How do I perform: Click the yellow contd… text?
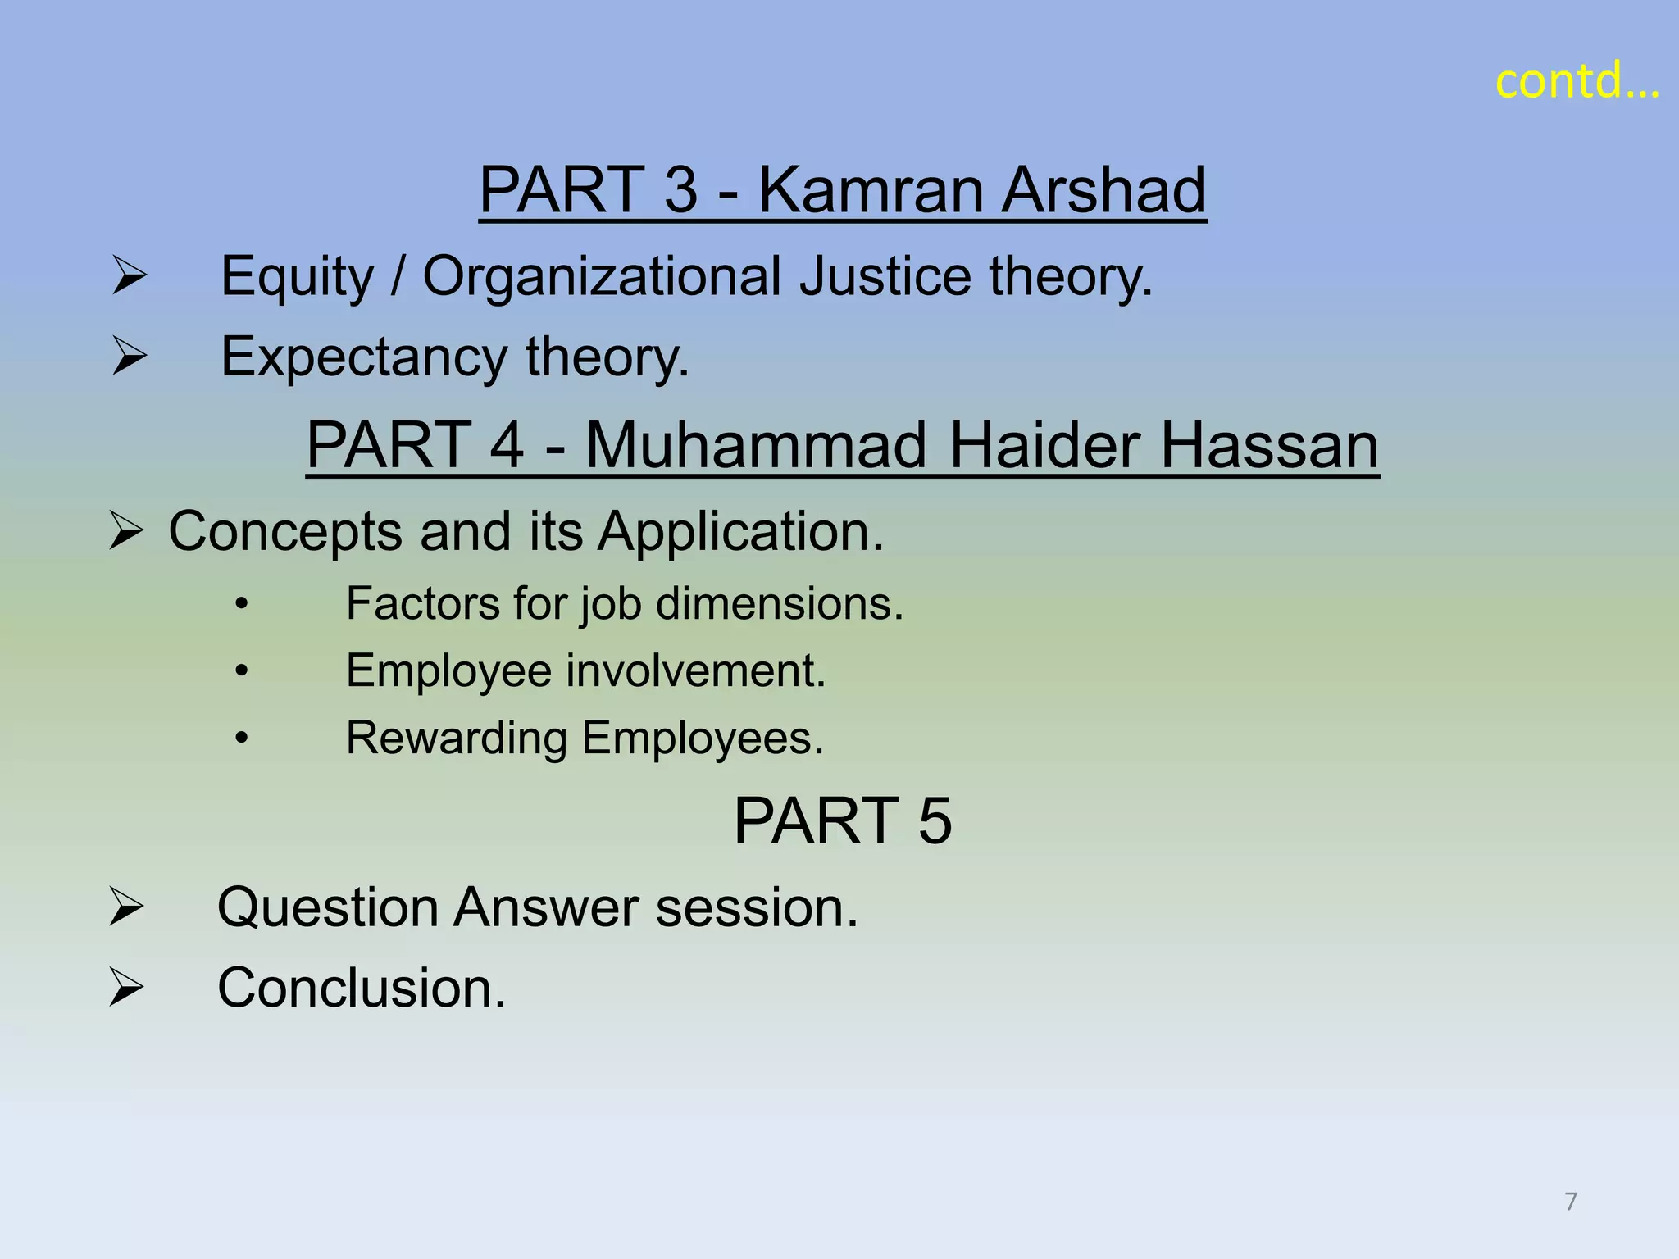tap(1576, 82)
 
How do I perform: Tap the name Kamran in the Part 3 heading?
tap(870, 190)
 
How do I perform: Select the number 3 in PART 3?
tap(680, 190)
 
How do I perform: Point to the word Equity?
tap(297, 277)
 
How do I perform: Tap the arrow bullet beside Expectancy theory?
tap(130, 356)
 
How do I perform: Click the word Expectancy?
tap(364, 357)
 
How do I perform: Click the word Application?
tap(739, 533)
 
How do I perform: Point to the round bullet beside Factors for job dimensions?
tap(241, 605)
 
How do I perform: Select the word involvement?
tap(695, 670)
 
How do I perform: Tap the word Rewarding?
tap(456, 739)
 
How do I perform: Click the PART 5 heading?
tap(842, 820)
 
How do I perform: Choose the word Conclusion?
tap(361, 988)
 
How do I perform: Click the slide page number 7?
tap(1570, 1202)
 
